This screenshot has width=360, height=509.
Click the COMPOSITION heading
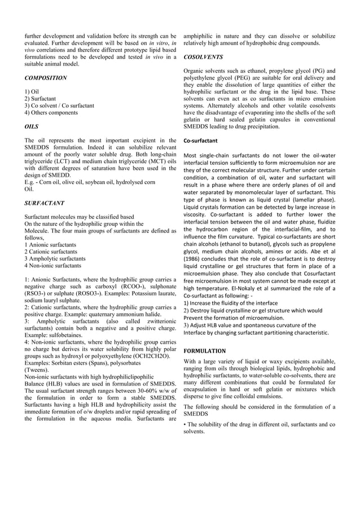pos(46,77)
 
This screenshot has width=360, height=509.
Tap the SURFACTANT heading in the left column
pos(45,203)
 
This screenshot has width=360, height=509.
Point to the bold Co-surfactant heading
pos(201,140)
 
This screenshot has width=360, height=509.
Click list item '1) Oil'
pos(32,90)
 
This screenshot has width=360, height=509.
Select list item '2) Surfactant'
pos(39,98)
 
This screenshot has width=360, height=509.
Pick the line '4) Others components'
pos(51,112)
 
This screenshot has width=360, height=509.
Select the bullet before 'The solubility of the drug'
pos(186,424)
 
